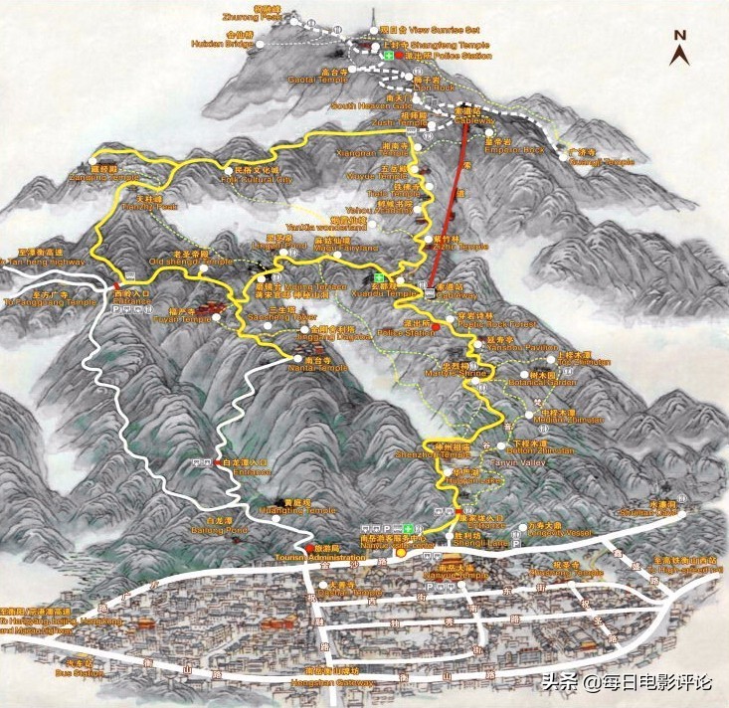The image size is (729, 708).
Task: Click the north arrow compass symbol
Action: (x=681, y=47)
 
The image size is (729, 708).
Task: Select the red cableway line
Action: (x=449, y=209)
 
